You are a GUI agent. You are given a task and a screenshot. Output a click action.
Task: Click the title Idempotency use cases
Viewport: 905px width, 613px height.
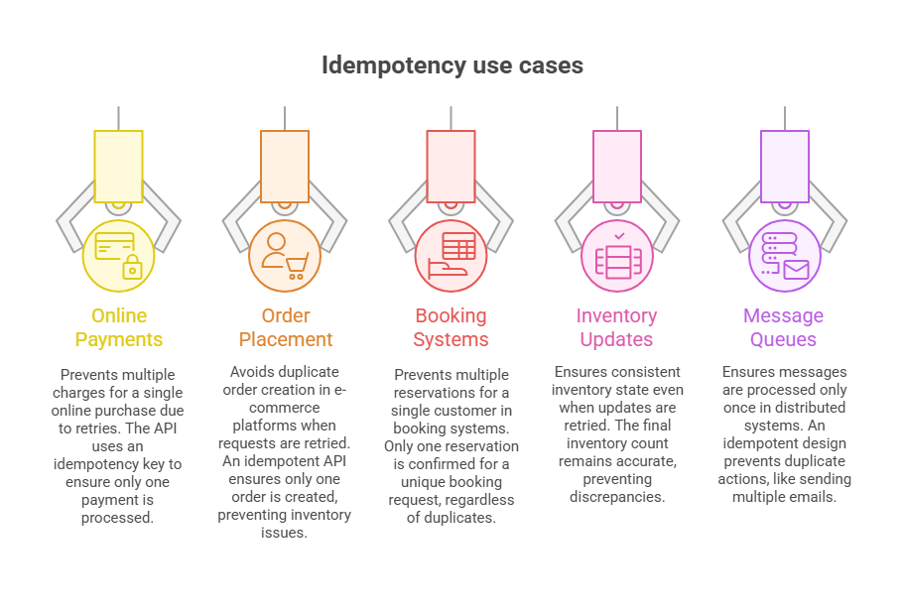click(x=452, y=66)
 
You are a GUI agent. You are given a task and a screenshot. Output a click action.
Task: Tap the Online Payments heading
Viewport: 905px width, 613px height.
click(x=119, y=327)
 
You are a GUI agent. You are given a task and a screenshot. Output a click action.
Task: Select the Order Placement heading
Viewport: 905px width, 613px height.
click(x=286, y=327)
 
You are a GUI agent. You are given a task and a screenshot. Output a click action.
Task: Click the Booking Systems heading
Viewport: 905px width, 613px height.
click(x=452, y=327)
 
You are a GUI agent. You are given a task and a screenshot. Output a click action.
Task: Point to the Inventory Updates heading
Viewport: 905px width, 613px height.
click(x=617, y=327)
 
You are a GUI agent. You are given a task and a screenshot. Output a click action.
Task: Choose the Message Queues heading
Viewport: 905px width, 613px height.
click(x=784, y=327)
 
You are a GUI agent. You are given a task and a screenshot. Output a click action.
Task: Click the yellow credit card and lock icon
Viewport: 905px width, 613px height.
click(x=119, y=255)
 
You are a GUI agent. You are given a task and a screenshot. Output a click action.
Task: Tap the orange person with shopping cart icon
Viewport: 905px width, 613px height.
click(x=286, y=255)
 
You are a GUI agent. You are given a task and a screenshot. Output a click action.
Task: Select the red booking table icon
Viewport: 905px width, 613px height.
click(x=452, y=255)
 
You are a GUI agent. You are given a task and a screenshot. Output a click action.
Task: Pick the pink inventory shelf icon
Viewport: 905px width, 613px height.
click(x=617, y=255)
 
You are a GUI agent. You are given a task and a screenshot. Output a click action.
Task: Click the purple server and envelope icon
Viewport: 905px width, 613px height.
click(x=784, y=255)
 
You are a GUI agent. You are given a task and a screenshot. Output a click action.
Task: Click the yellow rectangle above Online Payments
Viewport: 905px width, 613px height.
click(x=119, y=167)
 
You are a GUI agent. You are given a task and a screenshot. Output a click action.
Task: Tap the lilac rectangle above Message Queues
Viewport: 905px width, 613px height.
click(x=784, y=167)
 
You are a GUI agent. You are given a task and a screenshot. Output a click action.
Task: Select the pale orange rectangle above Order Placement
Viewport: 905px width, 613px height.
click(x=286, y=167)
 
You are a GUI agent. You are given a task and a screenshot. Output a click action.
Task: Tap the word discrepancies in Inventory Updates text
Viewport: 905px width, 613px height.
click(x=617, y=496)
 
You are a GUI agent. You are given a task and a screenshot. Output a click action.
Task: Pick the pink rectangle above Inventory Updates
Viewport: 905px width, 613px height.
click(x=617, y=167)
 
